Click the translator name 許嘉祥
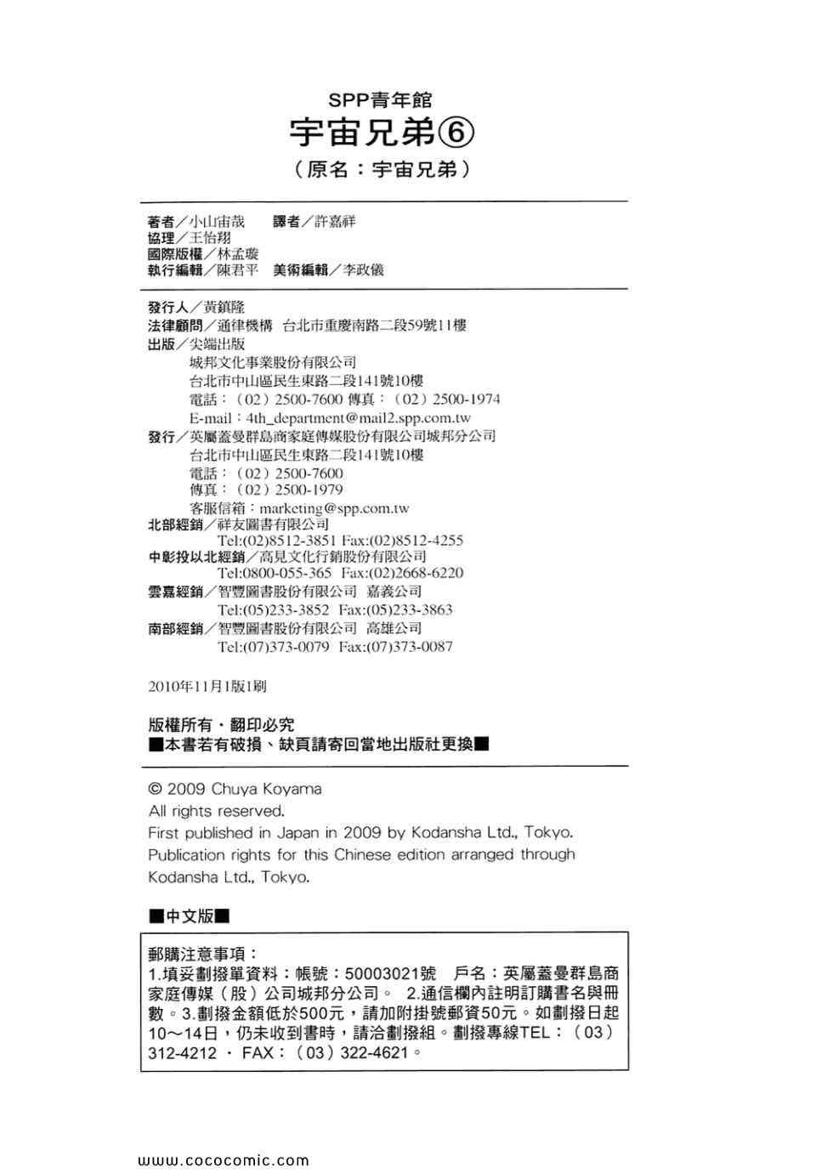[x=335, y=222]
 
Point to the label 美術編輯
[x=300, y=270]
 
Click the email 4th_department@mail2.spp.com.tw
[x=358, y=418]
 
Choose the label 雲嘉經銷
[x=175, y=592]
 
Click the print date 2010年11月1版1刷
[x=207, y=686]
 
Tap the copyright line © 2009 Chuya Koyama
[x=235, y=789]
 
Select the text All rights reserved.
[x=216, y=811]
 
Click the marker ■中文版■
[x=190, y=916]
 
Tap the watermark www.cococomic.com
[x=223, y=1160]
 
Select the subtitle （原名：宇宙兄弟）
[x=382, y=169]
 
